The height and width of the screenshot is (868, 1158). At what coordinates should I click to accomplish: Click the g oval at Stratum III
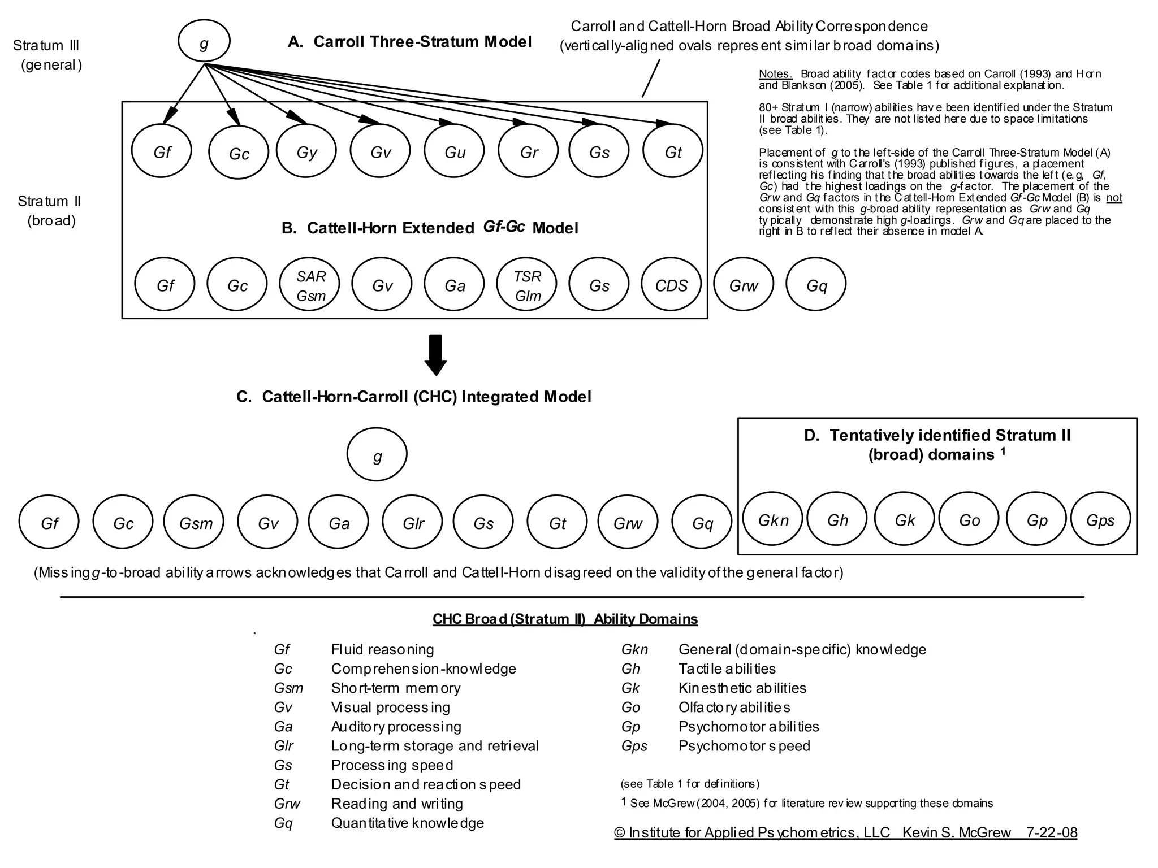coord(204,42)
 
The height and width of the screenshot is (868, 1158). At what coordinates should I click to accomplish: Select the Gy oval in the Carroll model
coord(306,151)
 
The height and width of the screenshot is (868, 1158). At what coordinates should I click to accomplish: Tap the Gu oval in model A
coord(455,151)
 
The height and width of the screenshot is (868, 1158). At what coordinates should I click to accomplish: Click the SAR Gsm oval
coord(310,285)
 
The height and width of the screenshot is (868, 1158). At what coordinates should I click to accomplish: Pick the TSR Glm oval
coord(527,285)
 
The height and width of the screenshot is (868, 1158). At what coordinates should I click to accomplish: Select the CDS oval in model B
coord(671,285)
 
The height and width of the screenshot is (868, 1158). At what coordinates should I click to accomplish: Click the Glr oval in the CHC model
coord(413,523)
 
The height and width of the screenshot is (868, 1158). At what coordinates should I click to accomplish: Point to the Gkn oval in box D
coord(772,519)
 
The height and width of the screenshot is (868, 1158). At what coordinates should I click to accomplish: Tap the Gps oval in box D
coord(1100,519)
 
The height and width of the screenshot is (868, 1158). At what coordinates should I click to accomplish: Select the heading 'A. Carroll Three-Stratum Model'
coord(409,42)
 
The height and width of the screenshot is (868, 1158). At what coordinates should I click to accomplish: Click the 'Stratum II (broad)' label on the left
coord(50,210)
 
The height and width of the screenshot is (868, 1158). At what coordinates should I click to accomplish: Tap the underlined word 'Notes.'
coord(775,74)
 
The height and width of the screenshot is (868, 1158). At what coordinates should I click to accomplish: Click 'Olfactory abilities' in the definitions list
coord(734,708)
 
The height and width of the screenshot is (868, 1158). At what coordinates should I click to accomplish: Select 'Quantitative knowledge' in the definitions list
coord(407,823)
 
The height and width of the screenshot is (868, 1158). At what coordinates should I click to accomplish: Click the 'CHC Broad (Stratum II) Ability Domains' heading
coord(565,619)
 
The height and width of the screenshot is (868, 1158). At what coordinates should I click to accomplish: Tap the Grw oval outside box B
coord(743,285)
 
